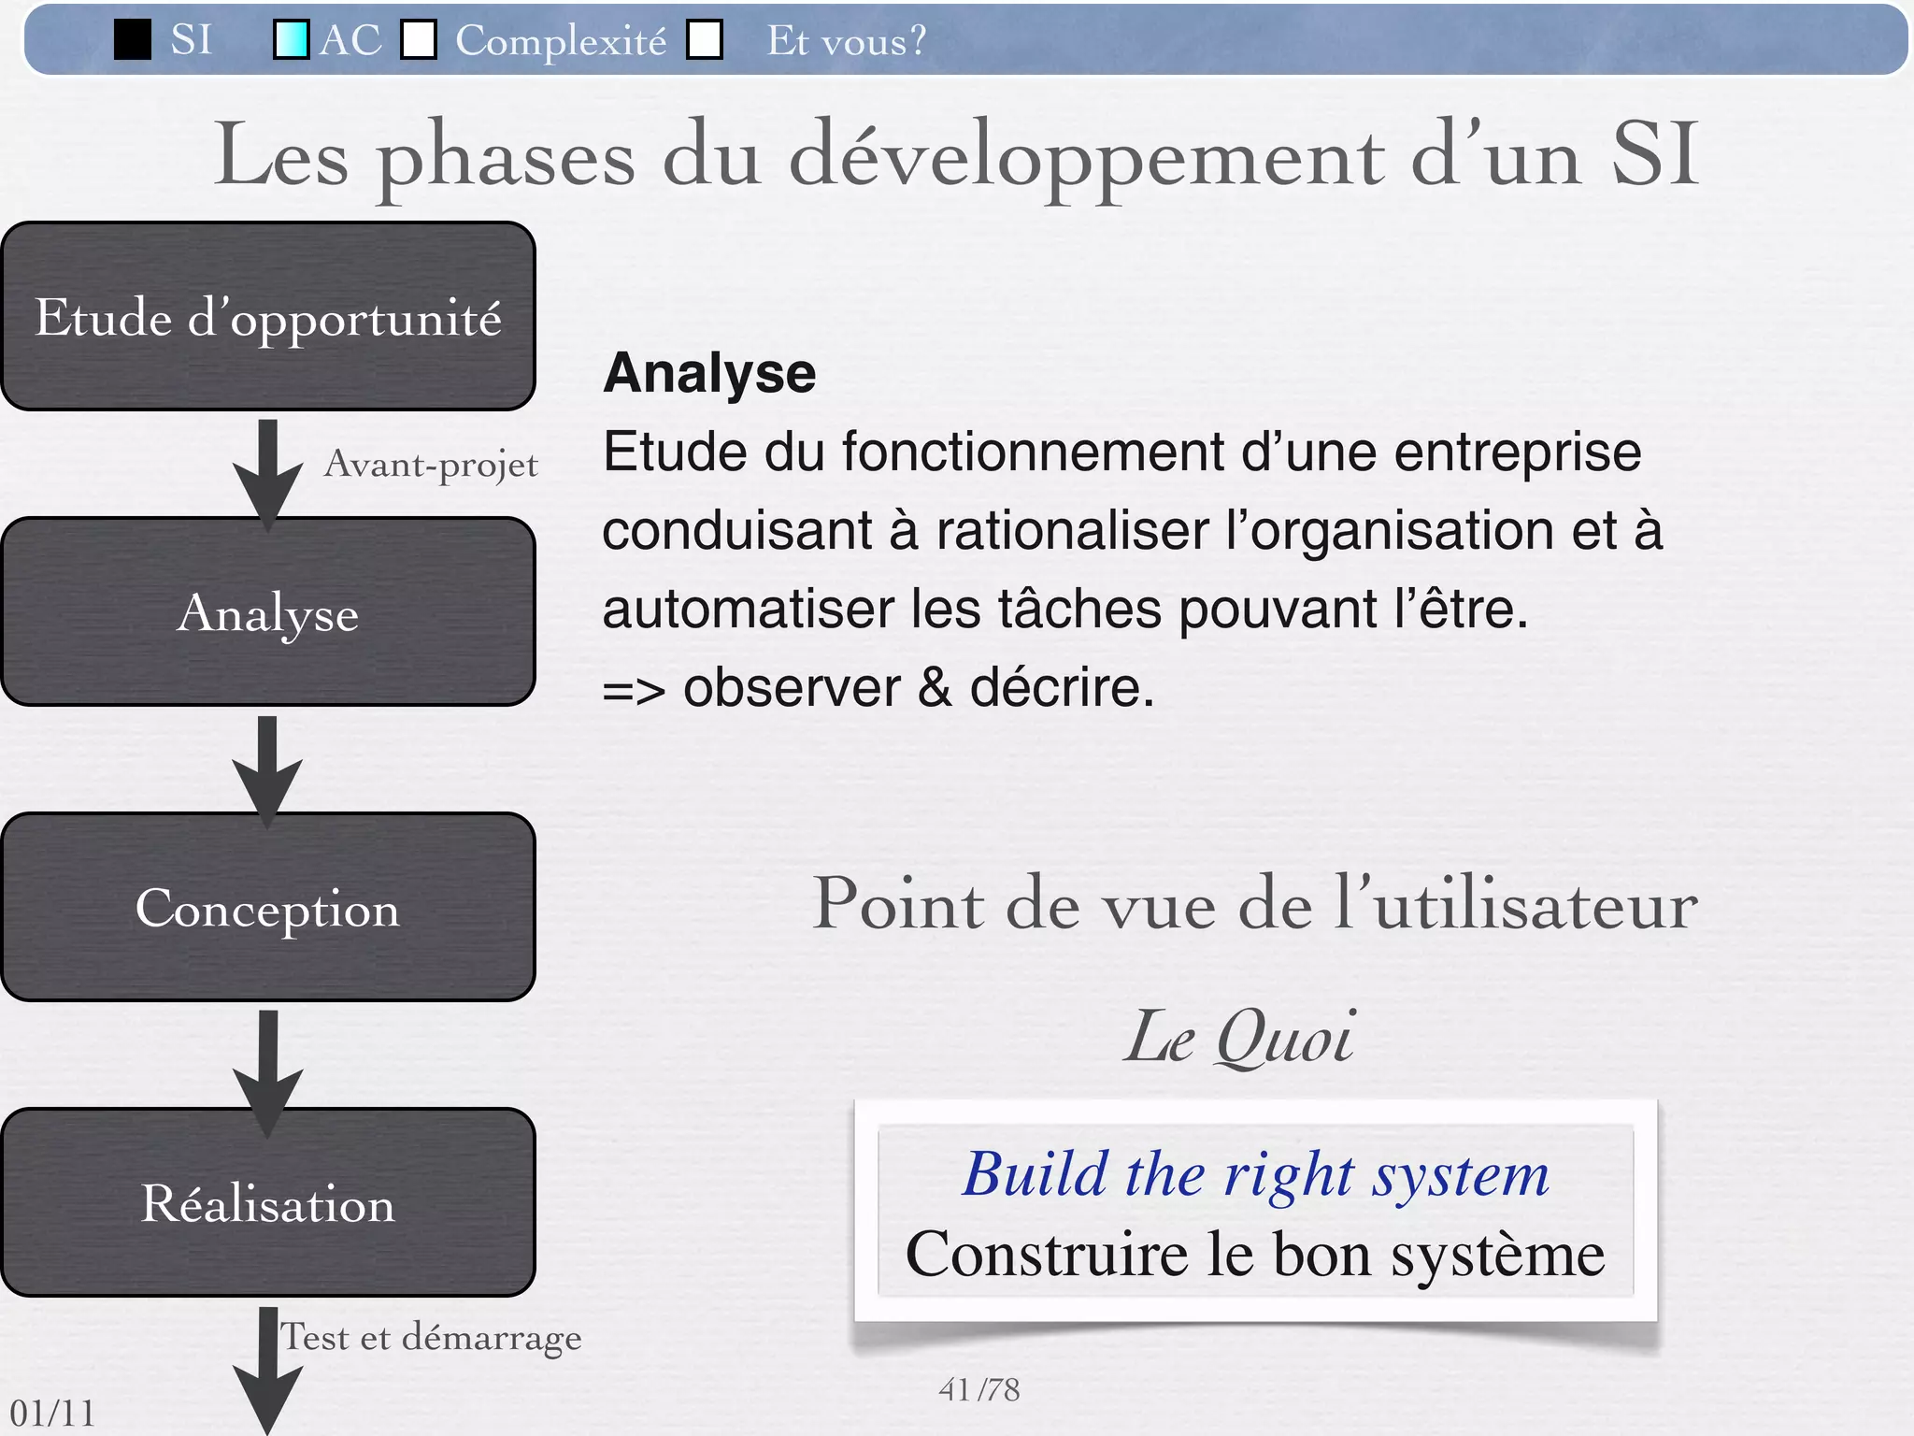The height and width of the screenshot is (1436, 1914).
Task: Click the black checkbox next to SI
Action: [x=133, y=40]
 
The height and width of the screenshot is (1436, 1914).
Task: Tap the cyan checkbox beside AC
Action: [x=291, y=40]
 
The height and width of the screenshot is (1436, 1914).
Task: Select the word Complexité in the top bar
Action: [x=561, y=41]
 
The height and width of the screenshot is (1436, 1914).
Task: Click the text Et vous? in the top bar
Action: [x=846, y=41]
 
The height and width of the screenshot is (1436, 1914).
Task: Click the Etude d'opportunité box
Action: [x=268, y=316]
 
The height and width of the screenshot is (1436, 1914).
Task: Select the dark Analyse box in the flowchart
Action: [x=268, y=611]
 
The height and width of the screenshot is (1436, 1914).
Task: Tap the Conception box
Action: [x=268, y=907]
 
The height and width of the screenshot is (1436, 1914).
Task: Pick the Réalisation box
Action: [x=268, y=1202]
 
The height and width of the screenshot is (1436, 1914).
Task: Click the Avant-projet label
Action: [x=431, y=465]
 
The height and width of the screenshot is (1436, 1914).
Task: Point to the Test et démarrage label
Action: [x=432, y=1337]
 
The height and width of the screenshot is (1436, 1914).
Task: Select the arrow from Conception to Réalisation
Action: [x=268, y=1066]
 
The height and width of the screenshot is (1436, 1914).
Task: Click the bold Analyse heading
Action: [x=709, y=373]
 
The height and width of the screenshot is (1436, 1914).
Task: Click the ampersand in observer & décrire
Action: [x=935, y=687]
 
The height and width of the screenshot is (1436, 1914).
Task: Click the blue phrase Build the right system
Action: [x=1256, y=1174]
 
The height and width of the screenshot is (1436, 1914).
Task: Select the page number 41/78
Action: [x=978, y=1390]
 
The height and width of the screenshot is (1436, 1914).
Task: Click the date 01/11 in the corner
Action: [x=52, y=1413]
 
